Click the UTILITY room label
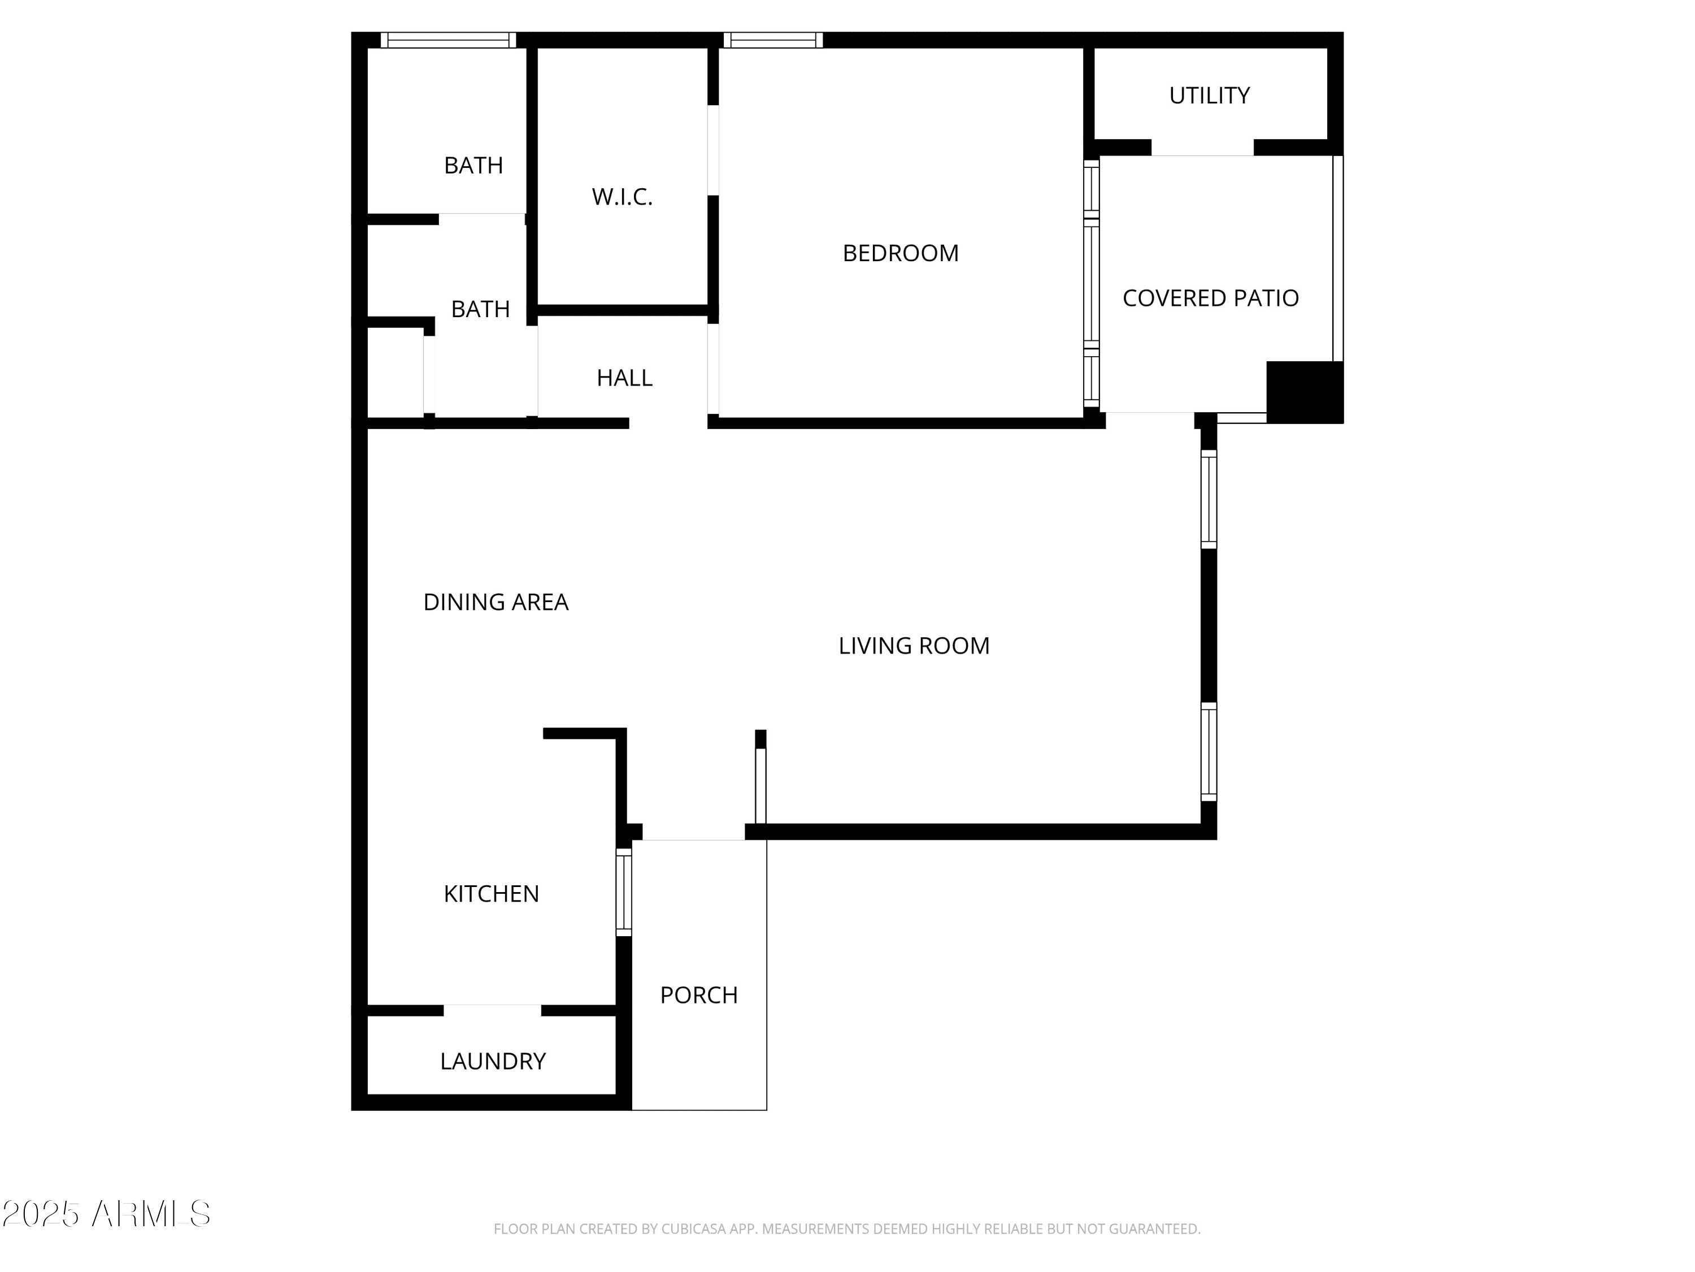click(1209, 96)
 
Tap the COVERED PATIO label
click(1211, 298)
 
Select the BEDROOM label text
click(901, 253)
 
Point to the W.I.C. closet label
click(622, 197)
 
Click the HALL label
click(624, 378)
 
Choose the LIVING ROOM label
click(914, 646)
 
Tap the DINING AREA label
click(496, 602)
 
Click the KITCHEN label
click(491, 893)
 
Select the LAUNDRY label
click(493, 1061)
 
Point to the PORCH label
click(699, 994)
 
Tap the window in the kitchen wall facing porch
click(624, 892)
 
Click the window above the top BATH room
click(448, 40)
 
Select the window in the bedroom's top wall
click(773, 40)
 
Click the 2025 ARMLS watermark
click(107, 1214)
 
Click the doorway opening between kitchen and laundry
click(492, 1011)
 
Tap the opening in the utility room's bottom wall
click(1202, 147)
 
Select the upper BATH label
click(473, 166)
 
